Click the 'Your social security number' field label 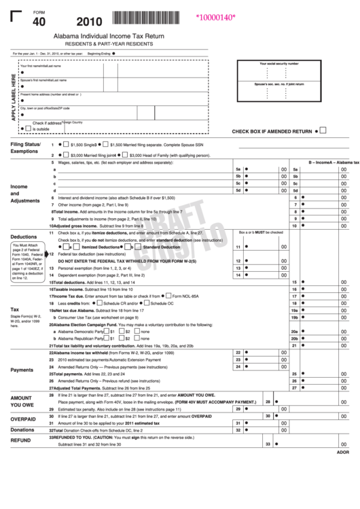point(279,63)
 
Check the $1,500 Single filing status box point(67,145)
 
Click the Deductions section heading point(23,237)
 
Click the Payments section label point(22,370)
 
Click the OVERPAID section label point(23,419)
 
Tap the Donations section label point(22,429)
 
